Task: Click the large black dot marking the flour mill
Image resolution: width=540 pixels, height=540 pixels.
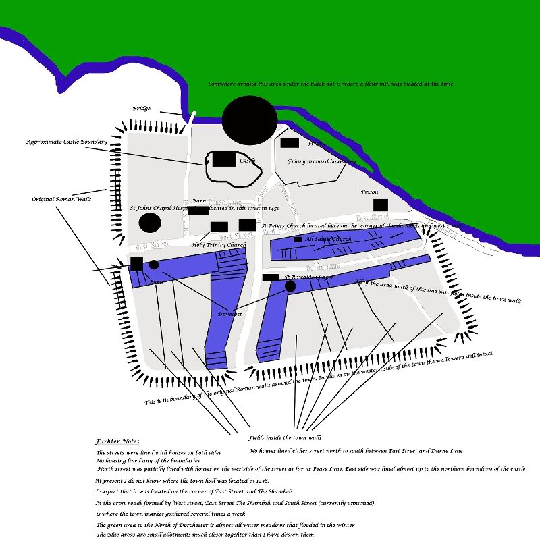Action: click(250, 120)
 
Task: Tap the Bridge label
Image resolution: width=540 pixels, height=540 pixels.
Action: click(142, 109)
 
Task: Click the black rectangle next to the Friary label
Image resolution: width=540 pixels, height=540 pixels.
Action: click(290, 142)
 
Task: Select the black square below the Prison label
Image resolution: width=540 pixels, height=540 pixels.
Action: click(381, 205)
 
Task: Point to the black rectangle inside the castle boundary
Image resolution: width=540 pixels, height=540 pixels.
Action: click(225, 159)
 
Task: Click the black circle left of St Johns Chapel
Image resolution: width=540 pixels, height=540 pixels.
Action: click(150, 223)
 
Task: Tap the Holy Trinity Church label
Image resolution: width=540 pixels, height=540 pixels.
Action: click(219, 245)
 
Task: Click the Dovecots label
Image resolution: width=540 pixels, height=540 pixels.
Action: click(230, 314)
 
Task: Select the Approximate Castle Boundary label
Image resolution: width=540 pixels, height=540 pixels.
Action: click(67, 142)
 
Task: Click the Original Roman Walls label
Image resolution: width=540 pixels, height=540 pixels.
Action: click(61, 200)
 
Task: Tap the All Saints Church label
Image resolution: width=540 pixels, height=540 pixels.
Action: click(328, 239)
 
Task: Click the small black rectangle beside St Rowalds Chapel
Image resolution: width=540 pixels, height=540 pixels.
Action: click(270, 277)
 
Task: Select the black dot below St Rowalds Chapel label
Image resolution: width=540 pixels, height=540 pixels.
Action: click(290, 286)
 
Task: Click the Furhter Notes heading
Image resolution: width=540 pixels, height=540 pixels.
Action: click(117, 441)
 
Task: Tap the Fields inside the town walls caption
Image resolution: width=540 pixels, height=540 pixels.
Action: click(284, 438)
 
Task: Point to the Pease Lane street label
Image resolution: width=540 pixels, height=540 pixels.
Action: click(225, 201)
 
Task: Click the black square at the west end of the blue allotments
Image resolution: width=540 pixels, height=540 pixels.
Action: click(136, 264)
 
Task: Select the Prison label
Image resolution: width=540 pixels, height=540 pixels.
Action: click(370, 192)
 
